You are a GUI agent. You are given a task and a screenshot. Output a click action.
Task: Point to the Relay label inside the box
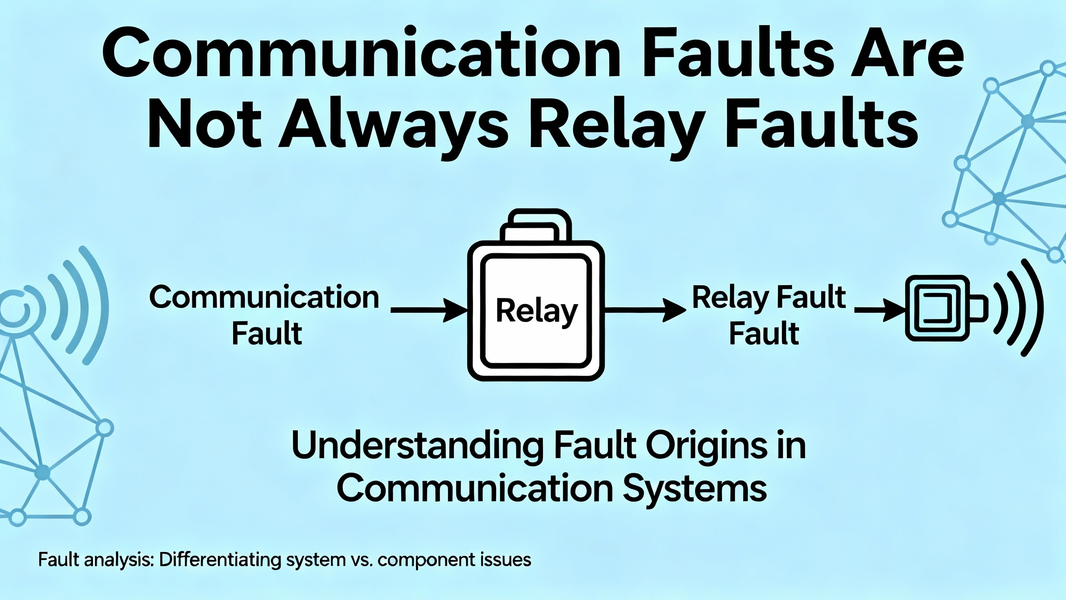(x=536, y=312)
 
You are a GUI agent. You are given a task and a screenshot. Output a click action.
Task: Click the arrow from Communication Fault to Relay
(x=429, y=310)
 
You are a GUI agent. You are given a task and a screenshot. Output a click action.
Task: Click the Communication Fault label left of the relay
(x=265, y=315)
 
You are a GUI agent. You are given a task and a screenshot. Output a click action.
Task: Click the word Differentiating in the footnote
(x=220, y=560)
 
